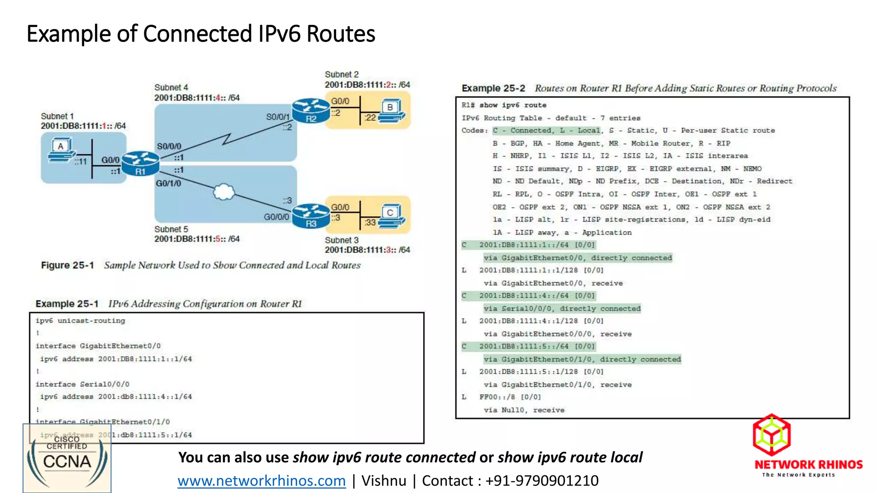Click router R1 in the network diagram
click(140, 163)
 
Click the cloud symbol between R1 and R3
click(224, 192)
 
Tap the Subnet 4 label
click(171, 87)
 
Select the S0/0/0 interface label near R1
click(169, 146)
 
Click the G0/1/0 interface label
click(168, 183)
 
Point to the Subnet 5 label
click(171, 229)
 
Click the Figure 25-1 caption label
click(67, 265)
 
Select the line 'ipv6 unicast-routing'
click(81, 321)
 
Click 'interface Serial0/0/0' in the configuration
click(82, 384)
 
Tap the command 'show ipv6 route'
click(513, 105)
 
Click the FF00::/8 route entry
click(510, 397)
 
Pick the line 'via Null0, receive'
click(524, 410)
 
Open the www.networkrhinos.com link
click(262, 481)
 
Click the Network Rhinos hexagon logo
click(772, 435)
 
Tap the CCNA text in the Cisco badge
click(67, 462)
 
